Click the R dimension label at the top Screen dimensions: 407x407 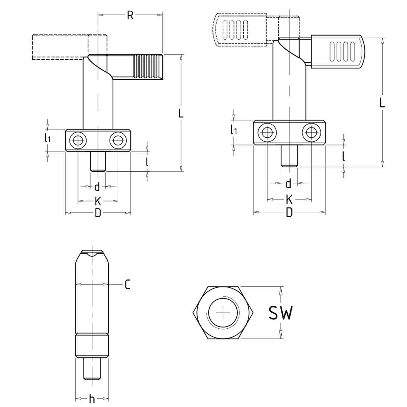click(x=130, y=15)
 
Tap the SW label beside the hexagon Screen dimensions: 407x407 click(x=281, y=313)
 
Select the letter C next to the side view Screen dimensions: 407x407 click(x=128, y=285)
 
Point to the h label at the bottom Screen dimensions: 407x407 click(x=92, y=399)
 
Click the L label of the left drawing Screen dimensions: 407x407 click(x=181, y=113)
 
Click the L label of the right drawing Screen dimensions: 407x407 click(x=382, y=103)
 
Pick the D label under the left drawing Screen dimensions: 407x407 click(x=98, y=213)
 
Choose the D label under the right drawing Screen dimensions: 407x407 click(x=289, y=212)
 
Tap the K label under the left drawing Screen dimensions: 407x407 click(x=98, y=201)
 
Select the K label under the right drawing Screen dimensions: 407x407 click(x=289, y=200)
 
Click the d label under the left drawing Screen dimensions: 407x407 click(x=97, y=186)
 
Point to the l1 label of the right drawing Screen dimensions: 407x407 click(x=233, y=131)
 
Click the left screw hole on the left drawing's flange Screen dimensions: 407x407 click(x=78, y=141)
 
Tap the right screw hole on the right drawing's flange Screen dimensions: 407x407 click(x=311, y=132)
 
